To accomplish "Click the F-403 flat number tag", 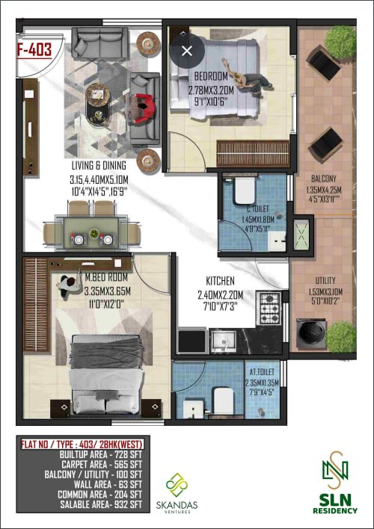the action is [x=34, y=50].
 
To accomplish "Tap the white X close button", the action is [x=187, y=51].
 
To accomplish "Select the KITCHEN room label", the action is [x=220, y=281].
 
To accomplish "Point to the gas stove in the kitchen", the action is [x=269, y=308].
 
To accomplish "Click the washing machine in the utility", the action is [x=311, y=333].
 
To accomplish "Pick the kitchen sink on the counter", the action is [x=223, y=341].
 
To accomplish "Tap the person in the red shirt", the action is [x=144, y=108].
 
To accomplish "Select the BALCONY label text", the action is [x=324, y=179].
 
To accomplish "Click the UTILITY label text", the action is [x=325, y=280].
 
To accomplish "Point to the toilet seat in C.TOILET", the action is [x=245, y=191].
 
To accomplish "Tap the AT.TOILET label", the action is [x=262, y=372].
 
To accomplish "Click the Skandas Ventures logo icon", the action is [x=177, y=485].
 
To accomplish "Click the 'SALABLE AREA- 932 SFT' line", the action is [x=101, y=504].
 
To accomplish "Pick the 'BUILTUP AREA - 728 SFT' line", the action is [x=101, y=454].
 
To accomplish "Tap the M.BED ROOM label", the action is [x=106, y=277].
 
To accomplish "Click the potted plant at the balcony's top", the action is [x=340, y=42].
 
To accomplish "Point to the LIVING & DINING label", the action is [x=99, y=165].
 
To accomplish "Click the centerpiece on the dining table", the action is [x=94, y=233].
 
